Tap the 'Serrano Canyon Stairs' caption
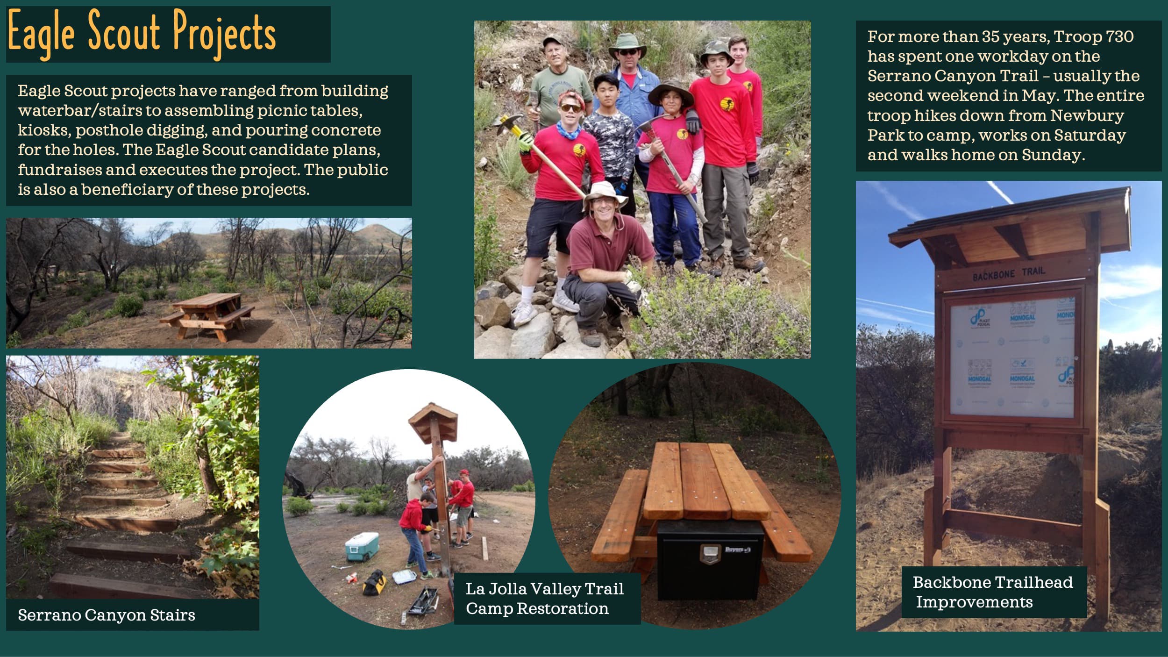107,615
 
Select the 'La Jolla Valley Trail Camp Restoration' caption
545,599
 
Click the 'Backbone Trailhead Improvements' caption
993,592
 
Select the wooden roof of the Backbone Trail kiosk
1009,220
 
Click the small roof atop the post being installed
433,421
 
